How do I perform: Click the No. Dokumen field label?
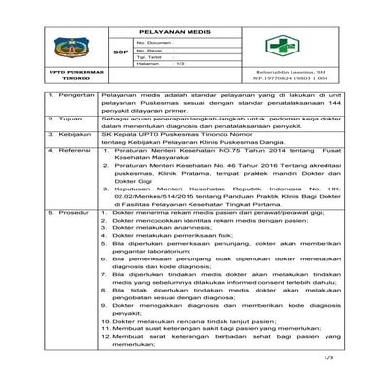(x=155, y=43)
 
